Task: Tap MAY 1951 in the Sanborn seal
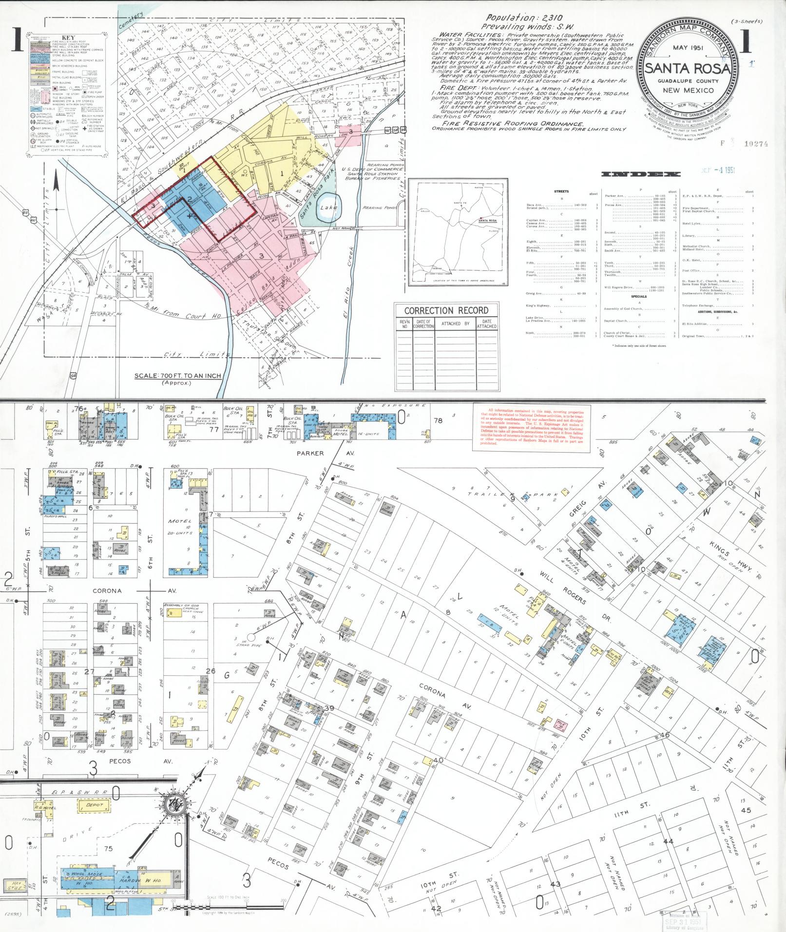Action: [x=687, y=49]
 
